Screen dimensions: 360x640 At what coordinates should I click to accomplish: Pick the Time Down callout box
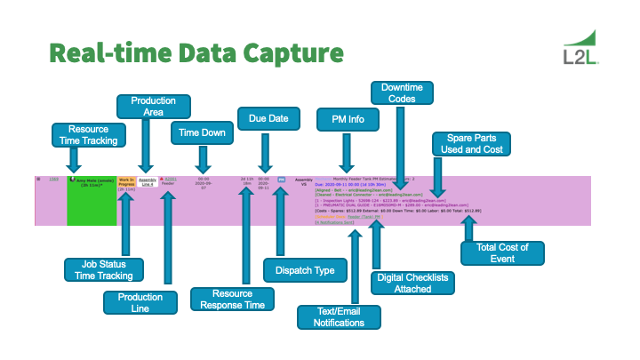pyautogui.click(x=203, y=132)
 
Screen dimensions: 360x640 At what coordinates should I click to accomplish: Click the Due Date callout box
pyautogui.click(x=263, y=117)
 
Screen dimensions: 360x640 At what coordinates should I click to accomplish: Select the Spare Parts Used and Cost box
pyautogui.click(x=468, y=144)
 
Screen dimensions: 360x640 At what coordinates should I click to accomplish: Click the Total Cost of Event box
pyautogui.click(x=495, y=252)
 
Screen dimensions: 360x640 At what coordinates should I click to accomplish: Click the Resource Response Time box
pyautogui.click(x=226, y=299)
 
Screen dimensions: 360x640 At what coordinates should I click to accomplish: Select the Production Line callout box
pyautogui.click(x=140, y=302)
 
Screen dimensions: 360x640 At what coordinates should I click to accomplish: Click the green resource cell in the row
pyautogui.click(x=92, y=201)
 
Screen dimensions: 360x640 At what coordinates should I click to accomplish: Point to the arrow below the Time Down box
pyautogui.click(x=204, y=158)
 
